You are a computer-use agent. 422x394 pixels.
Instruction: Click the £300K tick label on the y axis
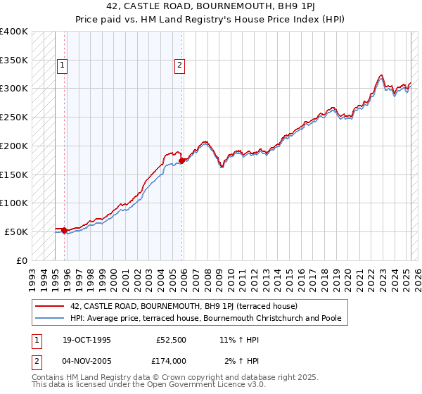14,89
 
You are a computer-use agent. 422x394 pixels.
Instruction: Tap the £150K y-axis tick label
14,174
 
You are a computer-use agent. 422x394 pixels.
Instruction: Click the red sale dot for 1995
64,230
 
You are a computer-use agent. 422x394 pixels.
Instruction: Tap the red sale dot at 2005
182,160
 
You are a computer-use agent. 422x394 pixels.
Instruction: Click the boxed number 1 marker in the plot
63,65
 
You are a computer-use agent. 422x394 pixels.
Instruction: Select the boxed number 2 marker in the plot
180,65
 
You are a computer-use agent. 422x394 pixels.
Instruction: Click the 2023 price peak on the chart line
381,75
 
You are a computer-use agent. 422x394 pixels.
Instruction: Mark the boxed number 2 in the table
35,361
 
